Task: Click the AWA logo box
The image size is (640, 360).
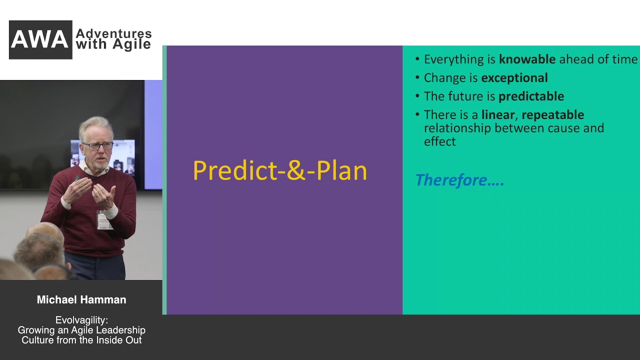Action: [x=40, y=39]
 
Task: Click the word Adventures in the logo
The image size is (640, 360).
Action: [x=113, y=33]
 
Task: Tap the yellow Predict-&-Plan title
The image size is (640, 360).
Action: [x=280, y=170]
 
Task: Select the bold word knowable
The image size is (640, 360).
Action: [x=527, y=59]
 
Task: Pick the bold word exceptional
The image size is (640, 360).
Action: [x=514, y=77]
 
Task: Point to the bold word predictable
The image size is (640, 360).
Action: [x=531, y=96]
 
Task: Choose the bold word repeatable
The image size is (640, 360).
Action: [x=553, y=115]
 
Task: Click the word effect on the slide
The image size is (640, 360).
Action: [x=439, y=141]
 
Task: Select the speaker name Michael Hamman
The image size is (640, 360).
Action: [x=81, y=299]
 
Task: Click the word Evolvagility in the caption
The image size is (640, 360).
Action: [x=80, y=320]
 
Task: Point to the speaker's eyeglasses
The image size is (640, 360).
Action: [x=98, y=146]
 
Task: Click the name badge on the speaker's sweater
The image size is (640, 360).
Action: [x=104, y=220]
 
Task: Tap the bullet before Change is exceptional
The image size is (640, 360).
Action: [x=417, y=77]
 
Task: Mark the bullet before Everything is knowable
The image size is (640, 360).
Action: [x=417, y=59]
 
